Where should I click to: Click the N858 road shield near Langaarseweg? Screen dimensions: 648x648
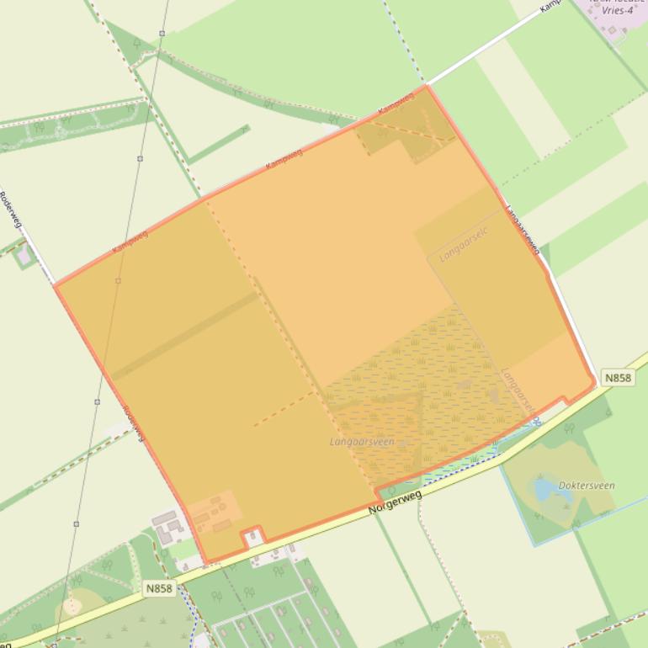(x=618, y=379)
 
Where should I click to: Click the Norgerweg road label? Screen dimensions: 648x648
(x=394, y=502)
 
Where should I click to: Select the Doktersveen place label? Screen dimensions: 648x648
(x=587, y=486)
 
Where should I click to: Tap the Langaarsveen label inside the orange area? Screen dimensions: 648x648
(x=362, y=441)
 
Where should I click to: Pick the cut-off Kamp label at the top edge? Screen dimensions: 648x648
(x=550, y=5)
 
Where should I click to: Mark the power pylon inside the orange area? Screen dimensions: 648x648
(x=118, y=280)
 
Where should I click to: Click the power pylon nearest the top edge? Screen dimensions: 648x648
(x=161, y=34)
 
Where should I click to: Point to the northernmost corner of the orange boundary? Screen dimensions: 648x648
(x=427, y=85)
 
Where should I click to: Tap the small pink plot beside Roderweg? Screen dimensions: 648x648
(x=24, y=253)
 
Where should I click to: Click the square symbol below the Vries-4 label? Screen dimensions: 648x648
(x=612, y=30)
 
